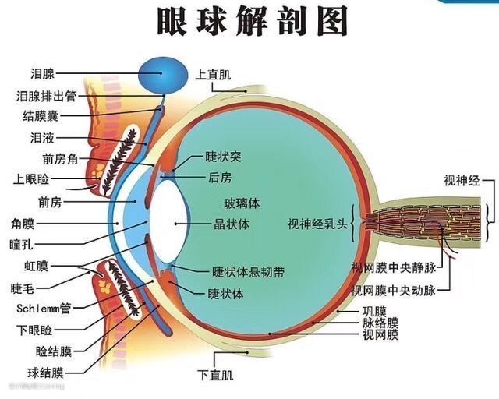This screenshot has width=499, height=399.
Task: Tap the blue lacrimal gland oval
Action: point(164,75)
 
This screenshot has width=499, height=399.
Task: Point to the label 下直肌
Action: point(215,375)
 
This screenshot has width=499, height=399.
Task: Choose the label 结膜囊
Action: point(40,117)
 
